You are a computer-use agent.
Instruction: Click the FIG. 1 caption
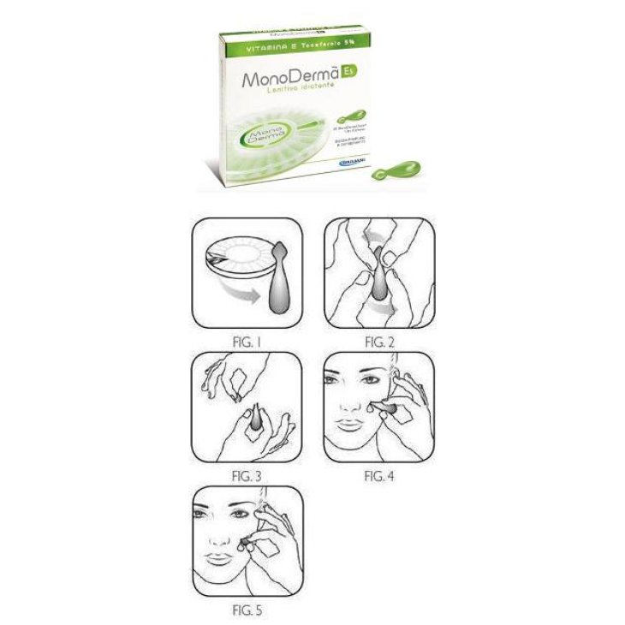click(248, 341)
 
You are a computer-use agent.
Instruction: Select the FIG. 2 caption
click(379, 341)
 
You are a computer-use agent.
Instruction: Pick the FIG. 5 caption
click(248, 611)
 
